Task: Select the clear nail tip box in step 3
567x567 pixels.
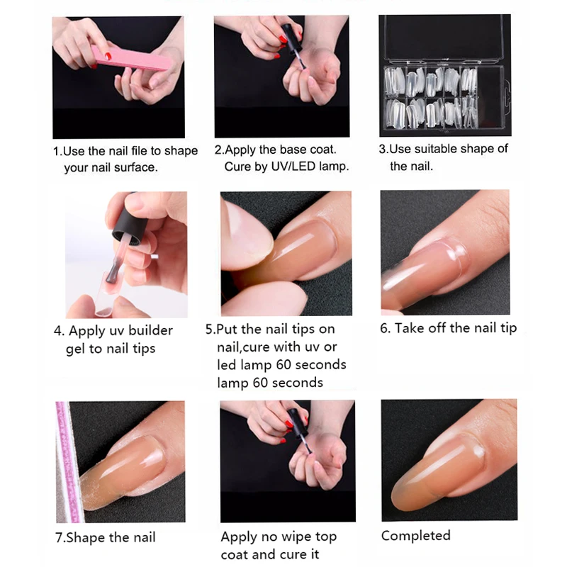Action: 444,74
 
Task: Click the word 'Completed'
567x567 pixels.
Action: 415,535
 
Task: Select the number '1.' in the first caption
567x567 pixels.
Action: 57,151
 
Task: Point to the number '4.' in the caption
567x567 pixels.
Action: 60,331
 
